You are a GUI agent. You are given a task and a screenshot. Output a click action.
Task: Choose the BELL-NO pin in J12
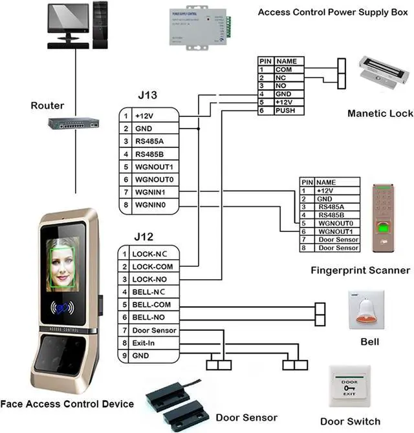[148, 317]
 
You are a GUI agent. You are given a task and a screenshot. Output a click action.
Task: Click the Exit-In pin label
[144, 343]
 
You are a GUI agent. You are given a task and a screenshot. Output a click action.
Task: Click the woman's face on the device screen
[63, 263]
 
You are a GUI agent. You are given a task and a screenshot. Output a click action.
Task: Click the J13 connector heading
[148, 96]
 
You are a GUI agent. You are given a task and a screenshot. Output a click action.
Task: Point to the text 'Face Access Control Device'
[67, 404]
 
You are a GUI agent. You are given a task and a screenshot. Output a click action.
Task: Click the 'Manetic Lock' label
[380, 113]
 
